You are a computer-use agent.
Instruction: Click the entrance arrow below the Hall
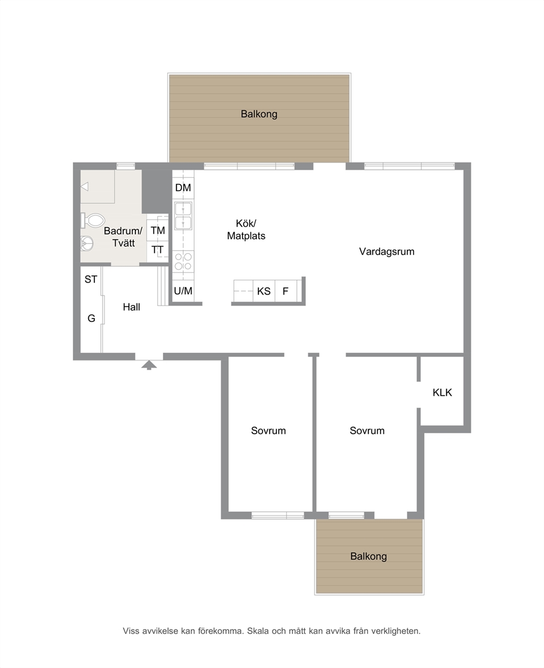[149, 365]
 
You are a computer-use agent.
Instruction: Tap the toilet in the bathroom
[93, 220]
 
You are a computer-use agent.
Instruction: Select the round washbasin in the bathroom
[87, 243]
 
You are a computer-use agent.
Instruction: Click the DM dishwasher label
[183, 188]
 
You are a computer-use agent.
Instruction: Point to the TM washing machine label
[158, 230]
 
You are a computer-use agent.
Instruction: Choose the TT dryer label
[157, 250]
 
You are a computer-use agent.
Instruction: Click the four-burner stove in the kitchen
[183, 261]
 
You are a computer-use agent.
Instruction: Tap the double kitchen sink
[183, 216]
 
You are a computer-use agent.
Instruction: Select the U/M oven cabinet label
[183, 291]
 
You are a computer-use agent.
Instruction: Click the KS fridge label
[264, 291]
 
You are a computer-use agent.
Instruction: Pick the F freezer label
[285, 291]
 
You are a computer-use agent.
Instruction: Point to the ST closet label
[91, 279]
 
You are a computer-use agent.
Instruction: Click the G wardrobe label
[92, 318]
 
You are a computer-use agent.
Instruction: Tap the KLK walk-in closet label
[442, 393]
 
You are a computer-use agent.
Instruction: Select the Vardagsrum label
[387, 251]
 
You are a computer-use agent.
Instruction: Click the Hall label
[131, 307]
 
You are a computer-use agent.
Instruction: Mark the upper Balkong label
[259, 114]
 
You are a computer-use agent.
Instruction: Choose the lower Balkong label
[369, 556]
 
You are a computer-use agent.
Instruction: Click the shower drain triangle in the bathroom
[85, 187]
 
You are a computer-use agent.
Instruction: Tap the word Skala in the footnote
[258, 631]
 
